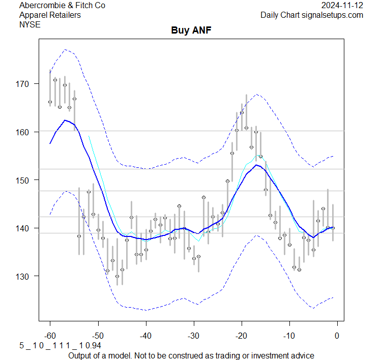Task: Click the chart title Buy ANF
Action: pos(191,31)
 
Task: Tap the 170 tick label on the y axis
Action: pos(26,83)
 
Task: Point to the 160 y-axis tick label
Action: pos(26,132)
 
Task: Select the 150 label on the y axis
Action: pos(26,180)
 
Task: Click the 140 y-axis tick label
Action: pos(26,228)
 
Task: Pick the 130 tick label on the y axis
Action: pos(26,276)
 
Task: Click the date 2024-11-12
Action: pos(342,6)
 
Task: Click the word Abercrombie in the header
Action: pos(41,6)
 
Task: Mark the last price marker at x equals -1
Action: pos(333,228)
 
